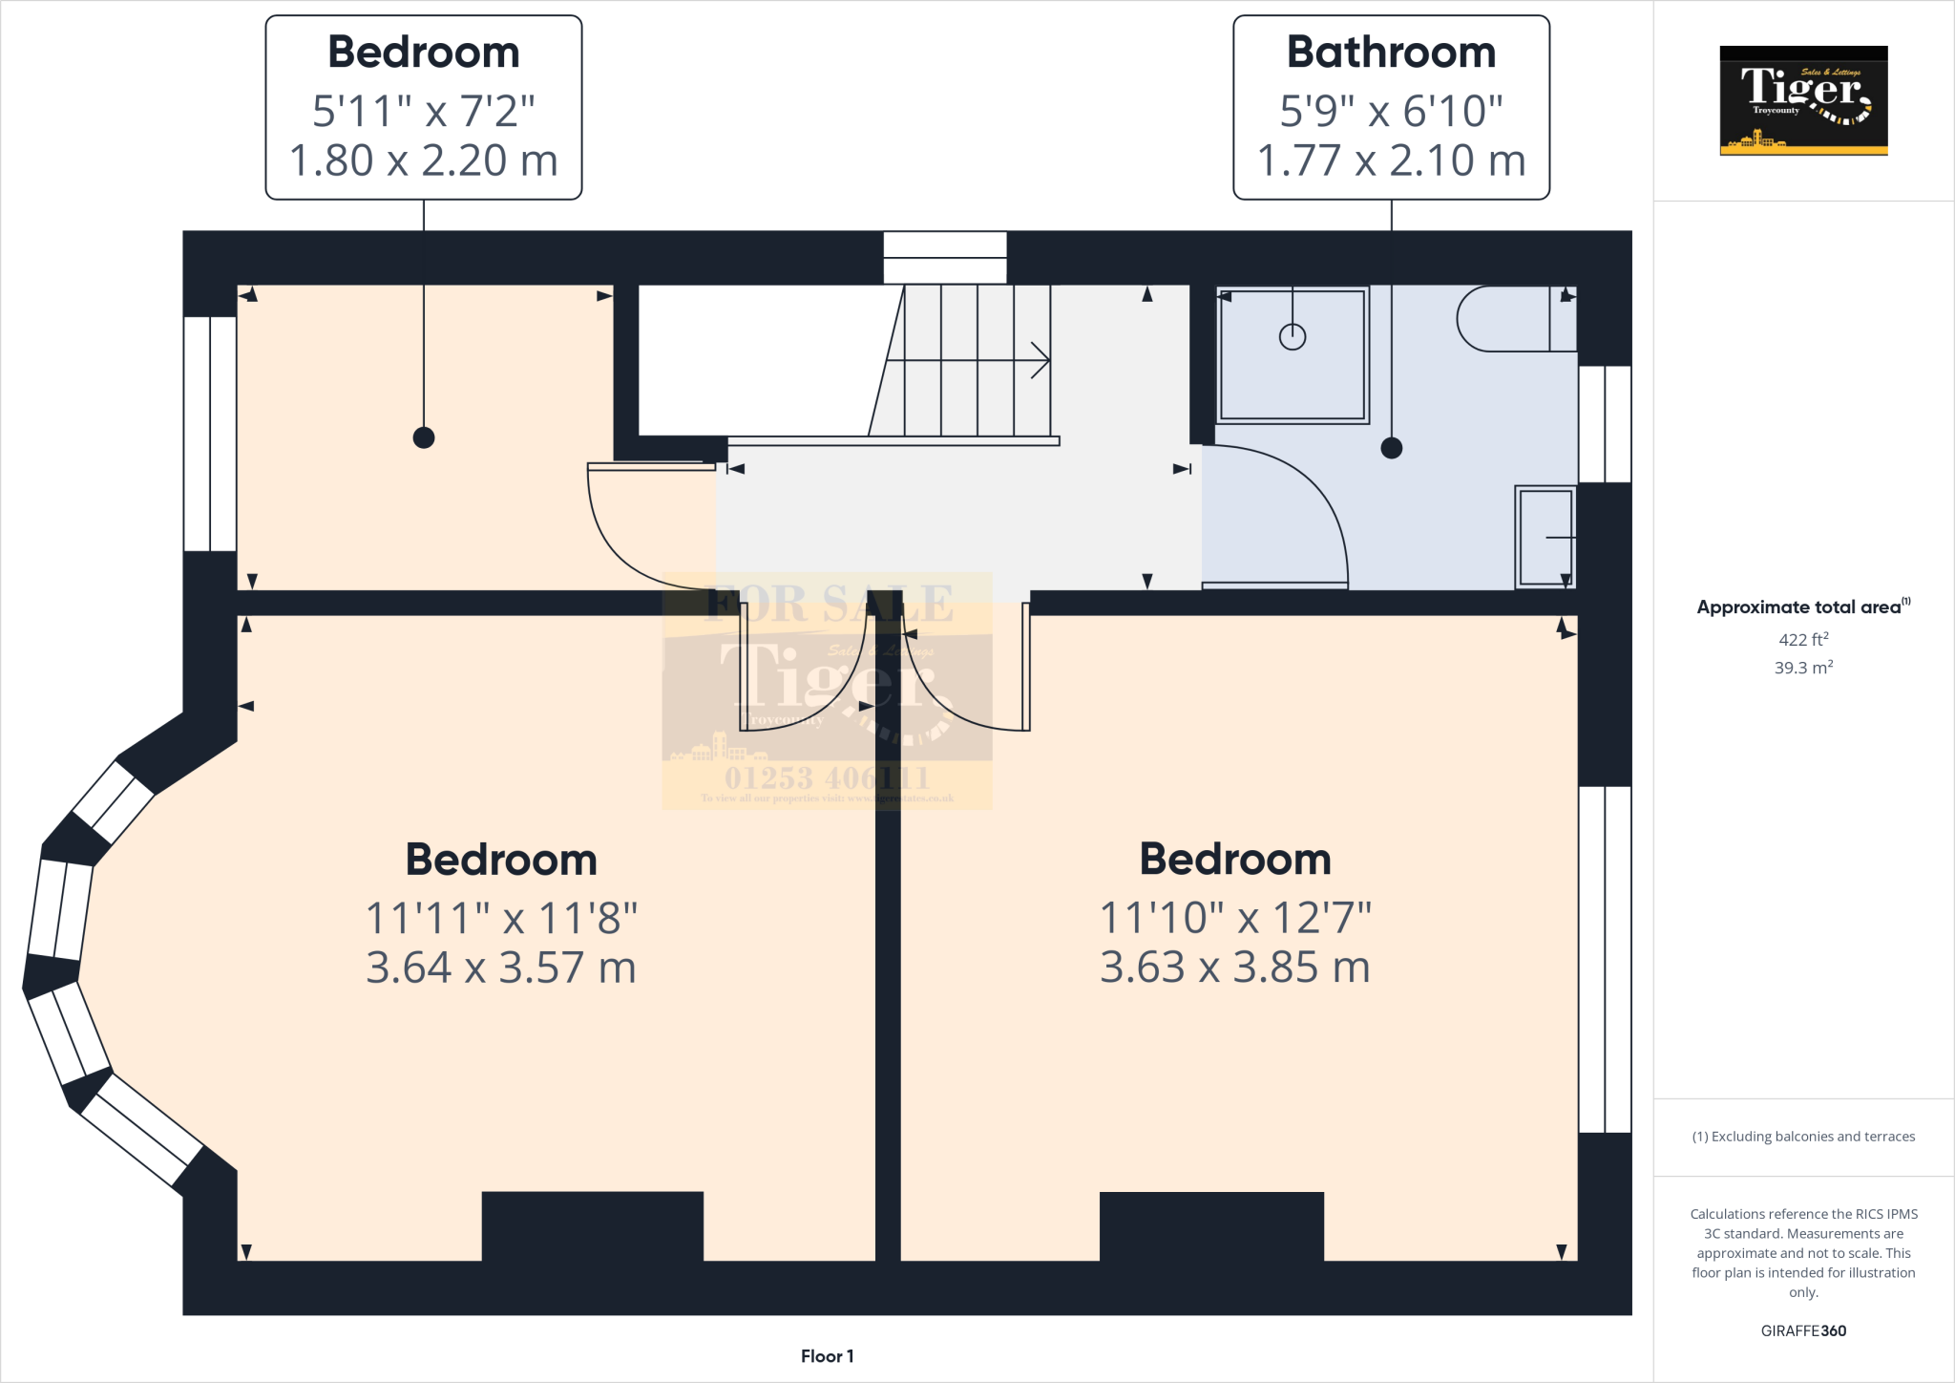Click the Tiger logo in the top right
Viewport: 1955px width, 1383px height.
coord(1803,100)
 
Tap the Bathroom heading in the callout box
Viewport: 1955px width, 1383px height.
coord(1391,53)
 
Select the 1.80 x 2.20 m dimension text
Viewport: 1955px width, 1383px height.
coord(423,160)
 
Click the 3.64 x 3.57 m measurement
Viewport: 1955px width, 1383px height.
coord(501,968)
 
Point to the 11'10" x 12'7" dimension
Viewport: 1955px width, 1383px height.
coord(1235,918)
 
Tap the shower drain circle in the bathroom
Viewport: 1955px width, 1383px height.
coord(1293,336)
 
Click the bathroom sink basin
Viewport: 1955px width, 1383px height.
coord(1545,537)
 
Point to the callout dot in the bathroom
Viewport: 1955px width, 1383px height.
coord(1392,447)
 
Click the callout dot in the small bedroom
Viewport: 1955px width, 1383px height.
coord(424,437)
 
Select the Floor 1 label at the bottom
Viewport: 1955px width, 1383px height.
coord(827,1356)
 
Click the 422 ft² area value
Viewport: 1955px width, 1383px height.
coord(1803,640)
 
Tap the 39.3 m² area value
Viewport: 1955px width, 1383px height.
coord(1803,668)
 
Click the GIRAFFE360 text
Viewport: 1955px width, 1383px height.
coord(1803,1330)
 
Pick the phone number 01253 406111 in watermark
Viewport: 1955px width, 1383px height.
coord(827,777)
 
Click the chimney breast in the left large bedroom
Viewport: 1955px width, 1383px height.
coord(593,1226)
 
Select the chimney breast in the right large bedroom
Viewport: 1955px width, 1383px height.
coord(1211,1226)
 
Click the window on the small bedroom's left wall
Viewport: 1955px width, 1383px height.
coord(210,434)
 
